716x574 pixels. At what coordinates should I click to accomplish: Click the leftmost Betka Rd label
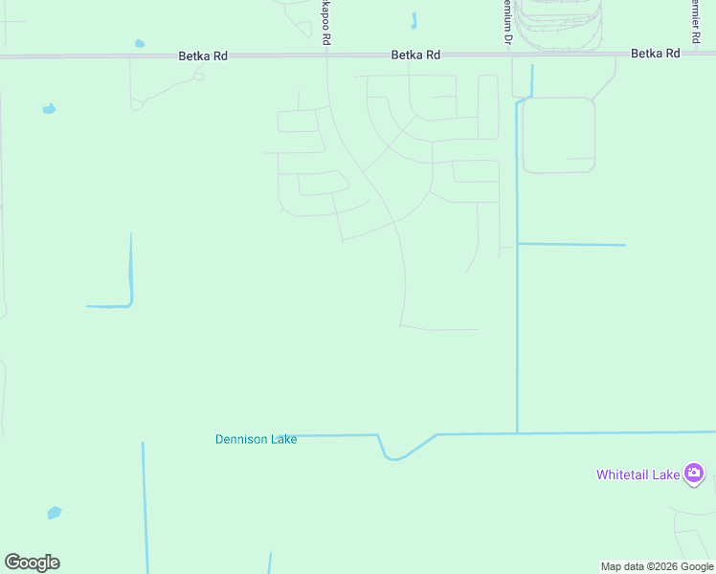(203, 55)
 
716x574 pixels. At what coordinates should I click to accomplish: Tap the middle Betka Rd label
(415, 55)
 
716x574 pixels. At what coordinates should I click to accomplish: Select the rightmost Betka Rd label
(655, 54)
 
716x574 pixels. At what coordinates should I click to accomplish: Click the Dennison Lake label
(256, 439)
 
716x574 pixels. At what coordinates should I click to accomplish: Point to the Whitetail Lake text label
(638, 474)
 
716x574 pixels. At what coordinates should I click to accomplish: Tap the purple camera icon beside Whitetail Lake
(694, 473)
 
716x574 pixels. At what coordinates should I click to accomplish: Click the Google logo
(32, 563)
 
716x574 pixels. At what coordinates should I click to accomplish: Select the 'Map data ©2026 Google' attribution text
(657, 566)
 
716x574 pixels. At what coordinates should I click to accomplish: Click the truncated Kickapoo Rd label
(326, 22)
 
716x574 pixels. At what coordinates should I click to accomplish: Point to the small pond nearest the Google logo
(55, 513)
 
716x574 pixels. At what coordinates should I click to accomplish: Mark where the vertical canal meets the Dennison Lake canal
(517, 433)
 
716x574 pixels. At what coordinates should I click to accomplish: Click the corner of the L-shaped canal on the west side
(129, 304)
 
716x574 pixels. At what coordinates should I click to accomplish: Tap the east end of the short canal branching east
(624, 245)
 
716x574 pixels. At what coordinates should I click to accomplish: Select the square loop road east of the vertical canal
(558, 135)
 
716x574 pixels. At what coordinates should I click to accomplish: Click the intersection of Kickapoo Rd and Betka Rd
(327, 55)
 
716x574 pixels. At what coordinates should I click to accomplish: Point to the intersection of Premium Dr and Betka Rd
(508, 55)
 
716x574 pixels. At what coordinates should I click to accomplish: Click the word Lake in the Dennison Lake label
(282, 439)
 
